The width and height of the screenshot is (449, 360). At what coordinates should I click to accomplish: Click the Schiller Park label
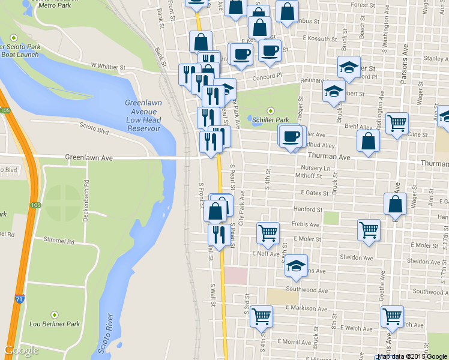tap(274, 120)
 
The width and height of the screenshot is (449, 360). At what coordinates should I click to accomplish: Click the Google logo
tap(21, 350)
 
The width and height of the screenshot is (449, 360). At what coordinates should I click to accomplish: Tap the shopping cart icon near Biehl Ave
tap(397, 124)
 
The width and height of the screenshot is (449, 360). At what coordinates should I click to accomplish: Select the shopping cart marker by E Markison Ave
tap(261, 316)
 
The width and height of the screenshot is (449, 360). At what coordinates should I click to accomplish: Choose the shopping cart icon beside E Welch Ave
tap(392, 316)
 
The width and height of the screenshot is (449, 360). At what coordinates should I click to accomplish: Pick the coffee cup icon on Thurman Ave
tap(291, 137)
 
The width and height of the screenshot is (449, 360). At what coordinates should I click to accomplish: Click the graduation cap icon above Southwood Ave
tap(296, 266)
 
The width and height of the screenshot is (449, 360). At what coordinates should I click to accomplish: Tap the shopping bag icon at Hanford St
tap(396, 205)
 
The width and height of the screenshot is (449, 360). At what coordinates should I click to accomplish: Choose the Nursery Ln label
tap(316, 168)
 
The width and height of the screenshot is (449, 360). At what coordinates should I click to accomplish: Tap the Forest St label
tap(364, 5)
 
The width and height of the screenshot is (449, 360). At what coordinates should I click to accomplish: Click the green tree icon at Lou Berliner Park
tap(55, 315)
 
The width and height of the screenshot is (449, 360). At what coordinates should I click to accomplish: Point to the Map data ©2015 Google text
tap(412, 356)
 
